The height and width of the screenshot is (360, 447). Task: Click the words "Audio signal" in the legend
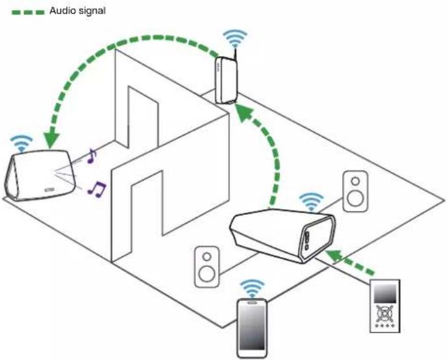point(77,11)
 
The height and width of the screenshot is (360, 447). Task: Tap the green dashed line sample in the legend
point(28,12)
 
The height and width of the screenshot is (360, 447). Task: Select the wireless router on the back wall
point(226,80)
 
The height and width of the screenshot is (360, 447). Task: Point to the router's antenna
point(235,55)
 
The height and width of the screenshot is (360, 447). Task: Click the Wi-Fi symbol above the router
point(235,38)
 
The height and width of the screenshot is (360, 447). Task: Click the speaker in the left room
point(40,175)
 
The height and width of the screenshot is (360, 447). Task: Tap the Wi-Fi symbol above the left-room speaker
point(21,143)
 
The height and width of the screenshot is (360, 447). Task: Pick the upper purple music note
point(92,156)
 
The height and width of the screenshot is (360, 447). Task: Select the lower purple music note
point(97,189)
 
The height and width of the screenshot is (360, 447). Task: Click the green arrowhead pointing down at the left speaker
point(51,141)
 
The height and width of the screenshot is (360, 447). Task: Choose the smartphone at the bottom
point(252,327)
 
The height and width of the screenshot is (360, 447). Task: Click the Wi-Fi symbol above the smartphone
point(252,288)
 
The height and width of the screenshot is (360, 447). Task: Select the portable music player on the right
point(385,306)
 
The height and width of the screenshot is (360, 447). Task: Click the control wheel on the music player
point(385,314)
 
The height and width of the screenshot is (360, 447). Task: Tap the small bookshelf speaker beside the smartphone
point(207,267)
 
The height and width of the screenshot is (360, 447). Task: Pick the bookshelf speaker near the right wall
point(355,191)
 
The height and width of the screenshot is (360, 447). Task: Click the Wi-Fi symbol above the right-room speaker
point(311,201)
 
